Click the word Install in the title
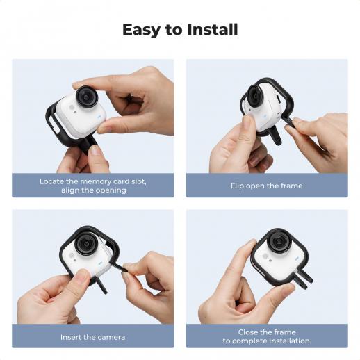213,30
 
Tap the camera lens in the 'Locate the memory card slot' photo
87,97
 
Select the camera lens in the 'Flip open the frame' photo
254,96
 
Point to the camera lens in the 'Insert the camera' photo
85,243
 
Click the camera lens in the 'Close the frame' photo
278,241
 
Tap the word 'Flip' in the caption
237,186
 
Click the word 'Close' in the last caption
247,332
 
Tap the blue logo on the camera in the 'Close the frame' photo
297,259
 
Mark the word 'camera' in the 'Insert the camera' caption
111,337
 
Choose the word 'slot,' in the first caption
139,181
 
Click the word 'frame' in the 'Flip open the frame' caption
291,186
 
